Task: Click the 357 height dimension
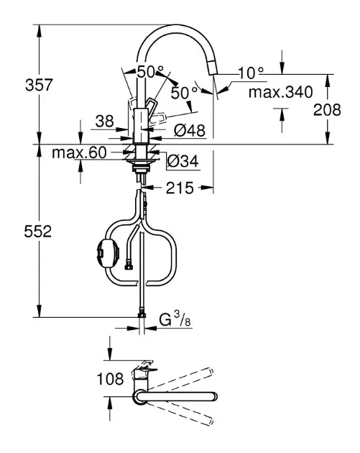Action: point(40,85)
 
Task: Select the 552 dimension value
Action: point(38,231)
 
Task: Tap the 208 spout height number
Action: point(327,109)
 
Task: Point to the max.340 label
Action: point(281,92)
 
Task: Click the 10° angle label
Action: point(251,73)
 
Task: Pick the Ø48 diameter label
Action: point(190,131)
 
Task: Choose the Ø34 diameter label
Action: point(183,161)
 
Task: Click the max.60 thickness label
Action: point(79,152)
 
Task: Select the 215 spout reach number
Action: point(180,188)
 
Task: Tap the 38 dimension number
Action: point(104,121)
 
